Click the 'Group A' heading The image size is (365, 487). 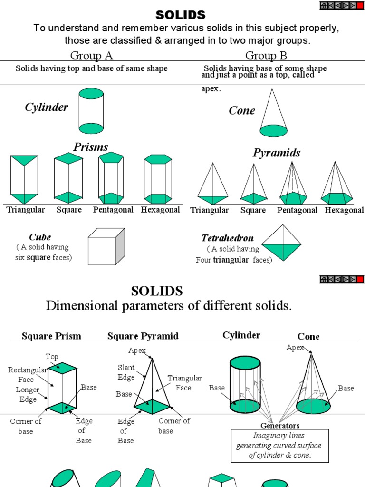91,56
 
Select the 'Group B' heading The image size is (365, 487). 266,56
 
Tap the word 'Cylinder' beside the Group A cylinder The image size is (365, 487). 47,107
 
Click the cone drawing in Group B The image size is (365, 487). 273,113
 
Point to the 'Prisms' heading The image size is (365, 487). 91,147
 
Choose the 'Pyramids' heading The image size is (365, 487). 277,153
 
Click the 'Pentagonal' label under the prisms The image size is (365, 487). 113,210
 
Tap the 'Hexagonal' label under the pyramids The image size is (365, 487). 344,210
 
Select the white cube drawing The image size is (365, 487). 106,246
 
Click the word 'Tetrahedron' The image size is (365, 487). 228,238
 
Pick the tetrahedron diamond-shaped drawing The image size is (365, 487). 282,243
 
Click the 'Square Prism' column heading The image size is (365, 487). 51,336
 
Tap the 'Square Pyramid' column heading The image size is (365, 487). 143,336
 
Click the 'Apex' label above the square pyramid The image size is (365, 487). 137,351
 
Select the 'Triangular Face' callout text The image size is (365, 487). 184,383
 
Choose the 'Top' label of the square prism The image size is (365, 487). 51,356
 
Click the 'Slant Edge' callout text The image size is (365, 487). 126,372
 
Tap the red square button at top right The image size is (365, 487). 360,5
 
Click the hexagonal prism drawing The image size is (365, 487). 158,179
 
